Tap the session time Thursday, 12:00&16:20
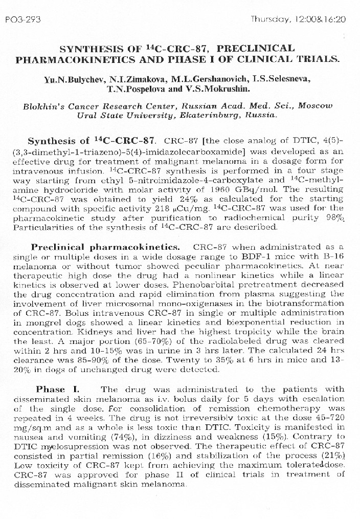298,19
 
